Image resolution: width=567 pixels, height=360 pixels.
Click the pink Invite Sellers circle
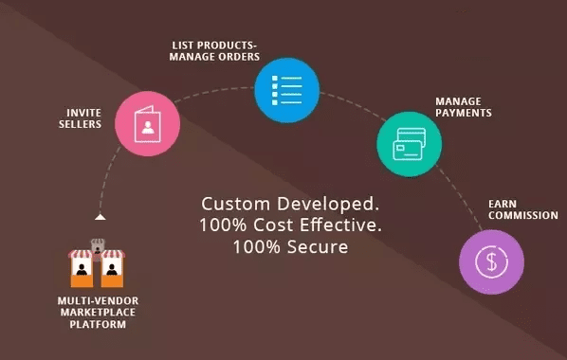pyautogui.click(x=147, y=123)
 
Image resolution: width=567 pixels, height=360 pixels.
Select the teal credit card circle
pyautogui.click(x=409, y=142)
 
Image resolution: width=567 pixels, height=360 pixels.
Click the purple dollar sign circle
pyautogui.click(x=490, y=260)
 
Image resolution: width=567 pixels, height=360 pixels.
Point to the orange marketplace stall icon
pyautogui.click(x=99, y=267)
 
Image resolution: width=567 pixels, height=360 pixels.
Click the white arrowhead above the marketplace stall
pyautogui.click(x=100, y=217)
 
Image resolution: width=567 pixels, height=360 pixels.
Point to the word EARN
pyautogui.click(x=502, y=203)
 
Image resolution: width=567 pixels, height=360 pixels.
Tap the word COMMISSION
pyautogui.click(x=522, y=216)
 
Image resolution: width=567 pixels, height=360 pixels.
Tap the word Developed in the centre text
pyautogui.click(x=322, y=205)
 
